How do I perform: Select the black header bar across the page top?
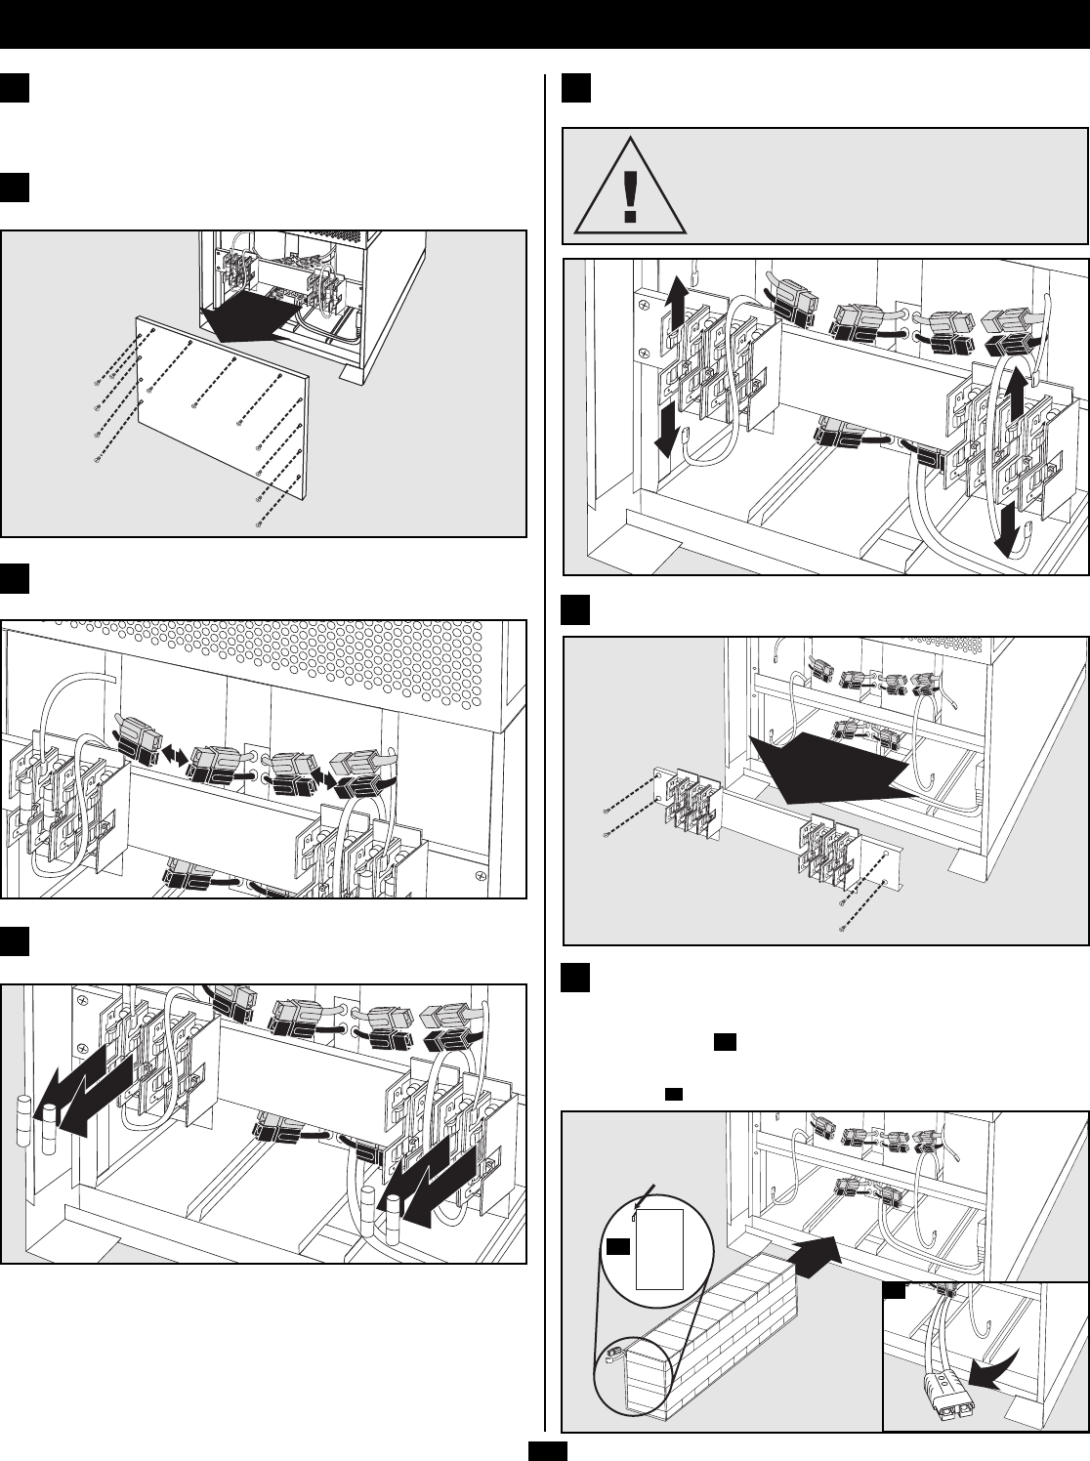click(x=545, y=23)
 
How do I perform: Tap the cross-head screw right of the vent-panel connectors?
click(x=481, y=877)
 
